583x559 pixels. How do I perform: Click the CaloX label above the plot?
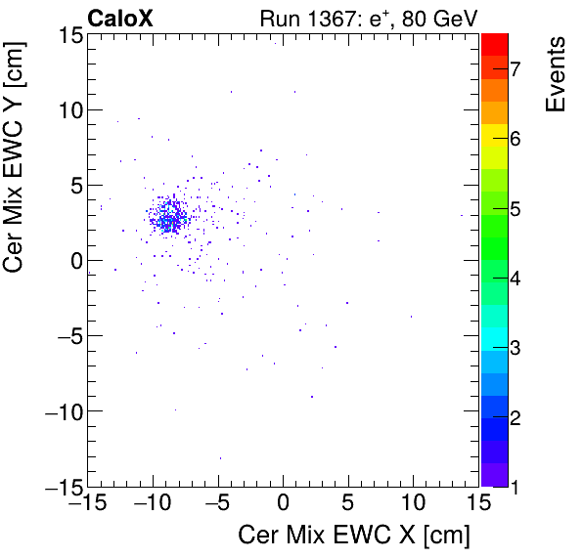tap(118, 18)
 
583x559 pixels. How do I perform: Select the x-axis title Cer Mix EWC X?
tap(354, 536)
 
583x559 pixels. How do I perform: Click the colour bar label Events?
tap(556, 74)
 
